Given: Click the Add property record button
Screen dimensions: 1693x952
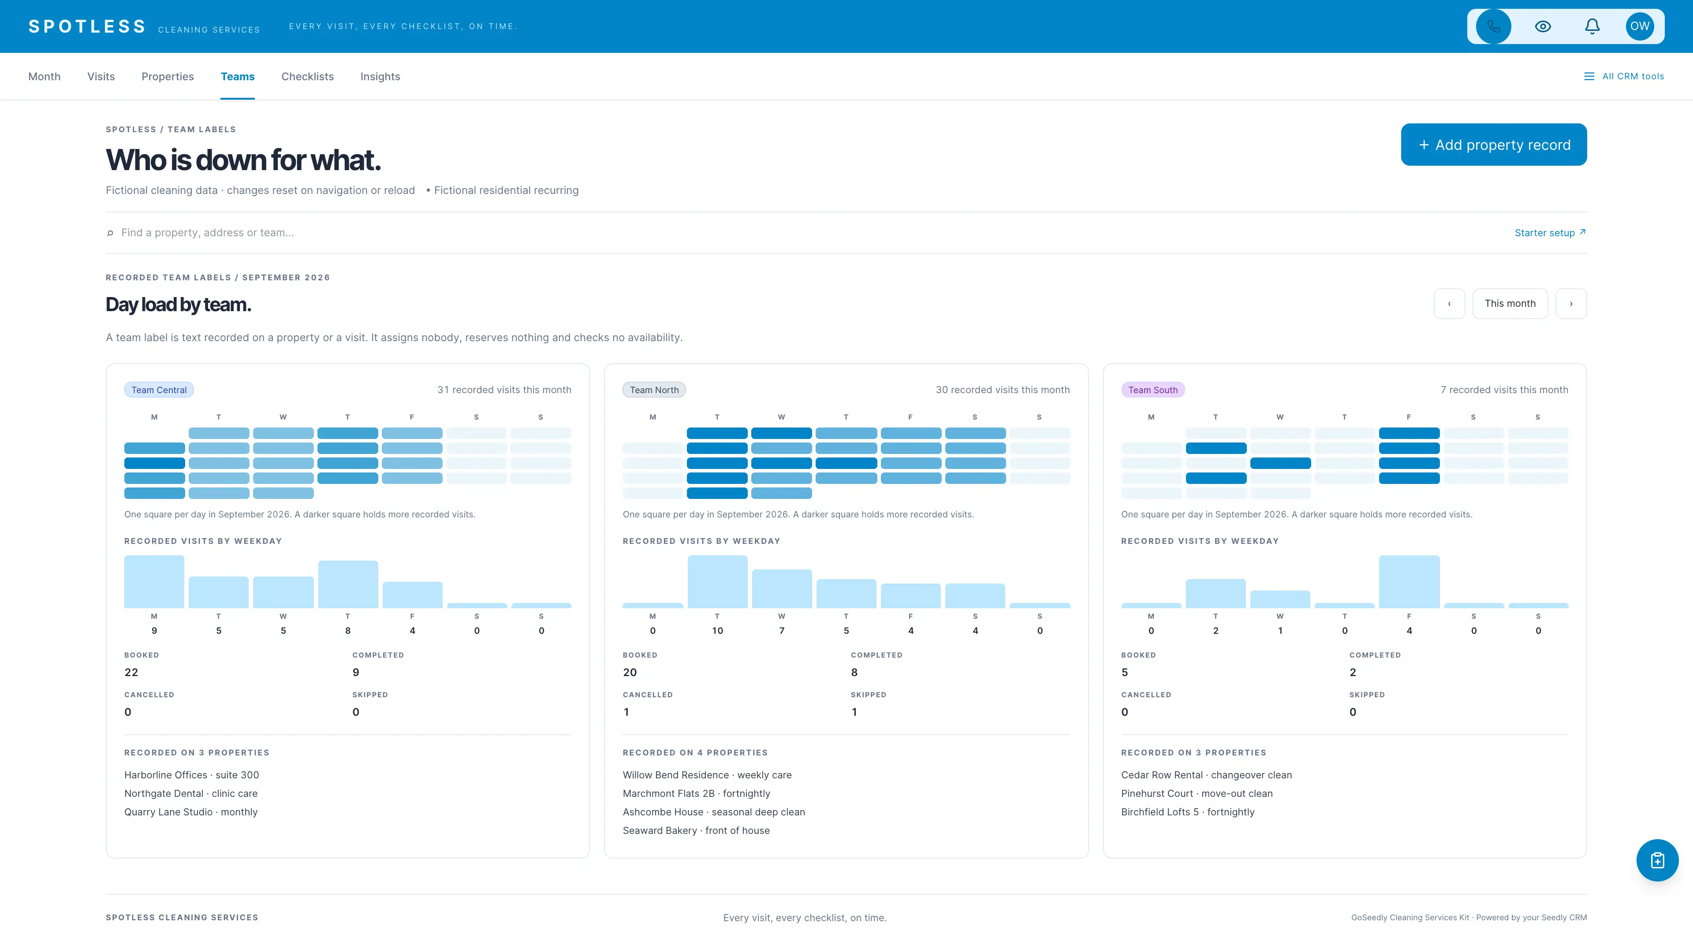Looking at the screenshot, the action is pyautogui.click(x=1493, y=145).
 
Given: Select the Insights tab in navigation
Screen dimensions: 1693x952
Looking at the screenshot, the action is pyautogui.click(x=380, y=76).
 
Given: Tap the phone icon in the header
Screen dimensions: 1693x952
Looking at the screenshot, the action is pyautogui.click(x=1493, y=26).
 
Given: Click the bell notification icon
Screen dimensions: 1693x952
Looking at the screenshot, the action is pyautogui.click(x=1592, y=26).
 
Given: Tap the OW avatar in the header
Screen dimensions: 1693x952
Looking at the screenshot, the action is pyautogui.click(x=1640, y=26).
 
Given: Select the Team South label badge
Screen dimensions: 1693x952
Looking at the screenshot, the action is pyautogui.click(x=1153, y=390).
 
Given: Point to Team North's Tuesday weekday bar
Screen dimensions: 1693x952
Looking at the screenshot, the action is pyautogui.click(x=717, y=581).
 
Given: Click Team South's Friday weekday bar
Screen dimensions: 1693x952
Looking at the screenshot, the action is pyautogui.click(x=1409, y=581).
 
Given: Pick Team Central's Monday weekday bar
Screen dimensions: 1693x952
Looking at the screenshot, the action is pyautogui.click(x=154, y=581).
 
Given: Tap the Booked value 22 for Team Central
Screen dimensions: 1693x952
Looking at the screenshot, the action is pyautogui.click(x=131, y=672).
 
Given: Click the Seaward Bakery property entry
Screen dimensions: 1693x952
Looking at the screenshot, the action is pyautogui.click(x=696, y=830).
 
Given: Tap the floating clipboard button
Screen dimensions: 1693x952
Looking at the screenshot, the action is pyautogui.click(x=1657, y=860).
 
